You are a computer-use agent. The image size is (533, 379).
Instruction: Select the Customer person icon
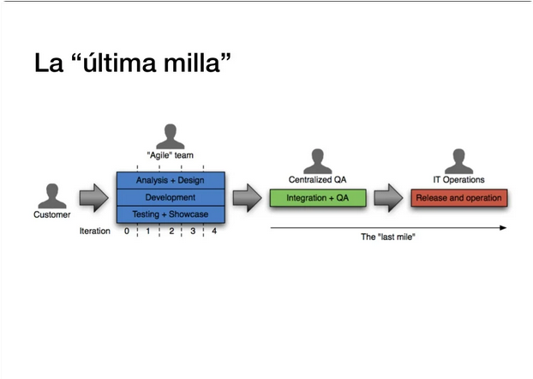52,196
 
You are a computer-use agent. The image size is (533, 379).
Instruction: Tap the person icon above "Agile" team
171,136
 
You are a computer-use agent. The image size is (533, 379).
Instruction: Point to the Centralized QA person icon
317,161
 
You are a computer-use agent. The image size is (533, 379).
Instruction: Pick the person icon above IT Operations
458,161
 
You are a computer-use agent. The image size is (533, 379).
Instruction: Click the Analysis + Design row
171,180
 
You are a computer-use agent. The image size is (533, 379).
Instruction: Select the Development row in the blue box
171,197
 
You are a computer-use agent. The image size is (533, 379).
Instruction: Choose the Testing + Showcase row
171,214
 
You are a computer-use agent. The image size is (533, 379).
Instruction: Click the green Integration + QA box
317,197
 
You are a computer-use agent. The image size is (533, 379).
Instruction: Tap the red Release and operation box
458,198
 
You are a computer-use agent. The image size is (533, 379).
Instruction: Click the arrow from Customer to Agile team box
93,198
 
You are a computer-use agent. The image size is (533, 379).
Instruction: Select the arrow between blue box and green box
247,198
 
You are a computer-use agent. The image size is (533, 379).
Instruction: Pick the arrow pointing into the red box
388,198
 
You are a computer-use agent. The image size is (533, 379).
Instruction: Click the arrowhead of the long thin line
503,228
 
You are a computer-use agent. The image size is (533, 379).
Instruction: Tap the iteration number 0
126,232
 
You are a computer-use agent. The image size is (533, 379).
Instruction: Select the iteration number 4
213,232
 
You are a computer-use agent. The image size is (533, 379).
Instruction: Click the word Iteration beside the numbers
94,232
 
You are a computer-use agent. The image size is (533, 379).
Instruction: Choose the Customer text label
52,215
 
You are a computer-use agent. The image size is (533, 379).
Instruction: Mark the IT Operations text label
458,180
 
